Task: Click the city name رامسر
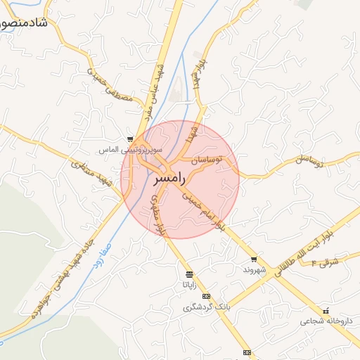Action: [x=169, y=179]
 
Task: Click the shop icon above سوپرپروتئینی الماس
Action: [x=130, y=139]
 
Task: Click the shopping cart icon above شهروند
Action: [x=253, y=259]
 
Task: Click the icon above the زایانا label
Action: [x=189, y=274]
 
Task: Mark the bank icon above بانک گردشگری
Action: [x=206, y=296]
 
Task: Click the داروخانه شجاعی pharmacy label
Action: [x=324, y=321]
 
